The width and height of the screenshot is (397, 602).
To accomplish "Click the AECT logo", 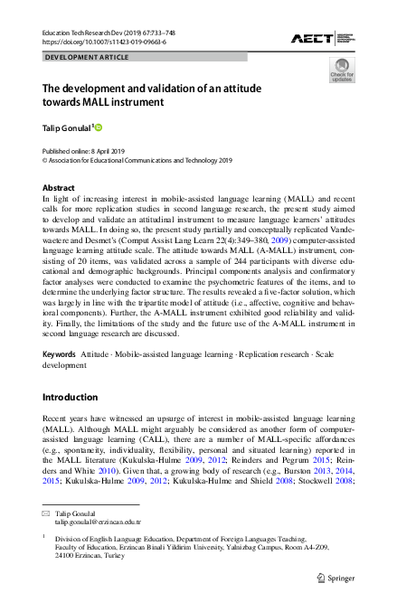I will tap(321, 37).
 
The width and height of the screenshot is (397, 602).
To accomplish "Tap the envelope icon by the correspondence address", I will tap(46, 513).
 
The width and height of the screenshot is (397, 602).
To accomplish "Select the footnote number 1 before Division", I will tap(44, 537).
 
